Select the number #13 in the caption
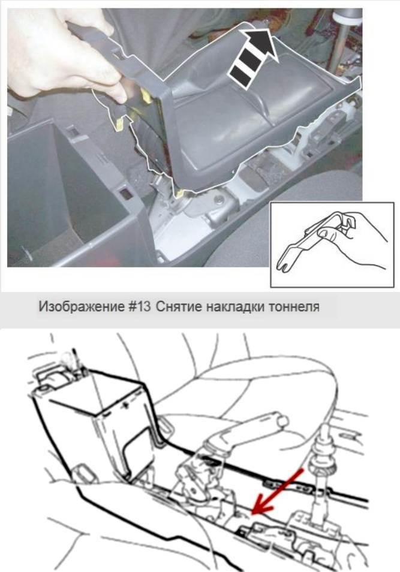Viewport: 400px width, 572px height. point(139,306)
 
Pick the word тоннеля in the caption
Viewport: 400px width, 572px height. point(294,307)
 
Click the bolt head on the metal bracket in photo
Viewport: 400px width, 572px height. point(219,200)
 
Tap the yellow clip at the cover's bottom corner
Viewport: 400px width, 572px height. point(179,194)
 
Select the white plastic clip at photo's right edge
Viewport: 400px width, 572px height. point(350,104)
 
